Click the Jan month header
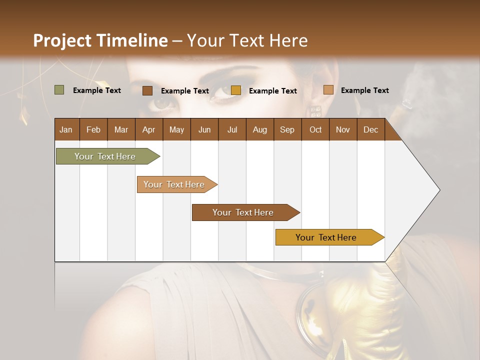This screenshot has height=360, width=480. click(66, 129)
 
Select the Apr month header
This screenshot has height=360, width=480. click(148, 129)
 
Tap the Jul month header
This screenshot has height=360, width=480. click(232, 129)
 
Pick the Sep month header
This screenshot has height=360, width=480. click(287, 129)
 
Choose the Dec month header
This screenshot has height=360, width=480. click(370, 129)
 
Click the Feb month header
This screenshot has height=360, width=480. click(93, 129)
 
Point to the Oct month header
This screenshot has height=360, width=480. click(315, 129)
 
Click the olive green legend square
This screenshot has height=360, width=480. click(59, 90)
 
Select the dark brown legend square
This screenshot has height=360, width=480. click(147, 90)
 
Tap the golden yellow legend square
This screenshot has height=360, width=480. click(236, 90)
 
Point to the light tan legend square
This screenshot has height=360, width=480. click(328, 90)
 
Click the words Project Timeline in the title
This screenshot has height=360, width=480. click(100, 40)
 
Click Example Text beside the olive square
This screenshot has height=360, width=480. click(97, 90)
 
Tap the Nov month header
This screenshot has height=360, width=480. click(343, 129)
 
